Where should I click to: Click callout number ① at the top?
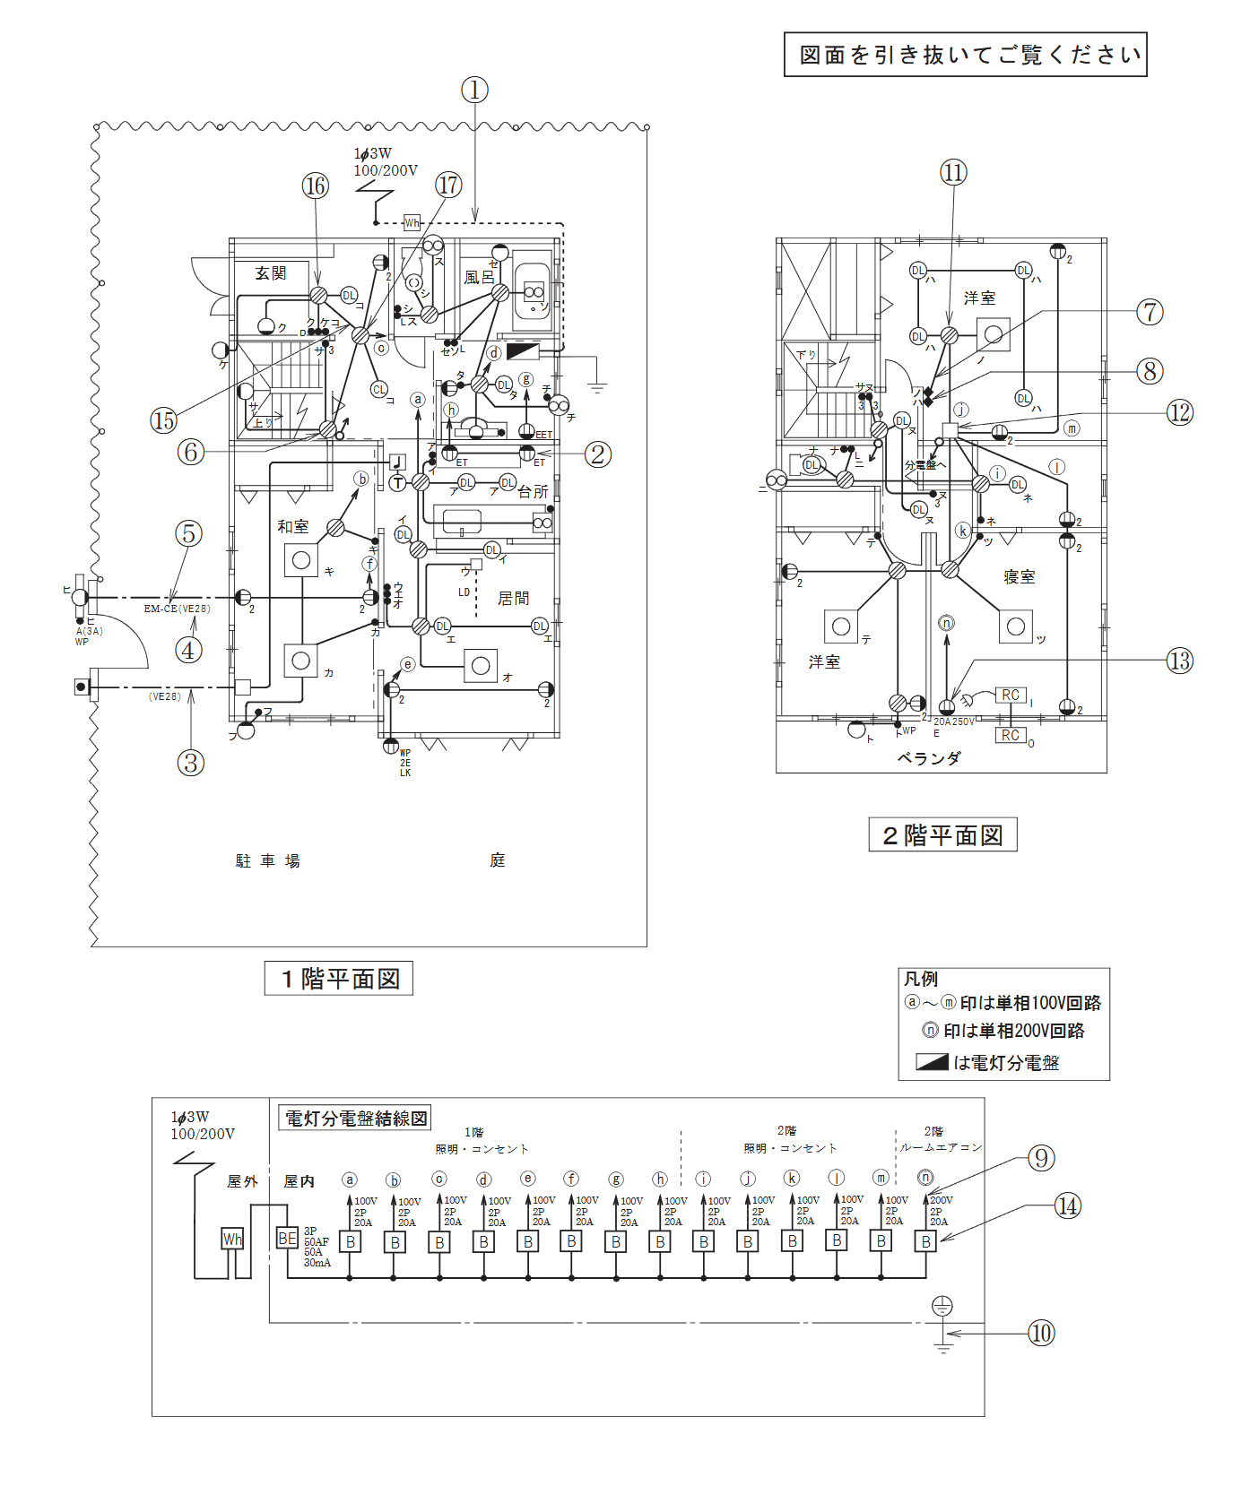474,90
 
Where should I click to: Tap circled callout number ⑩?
1041,1333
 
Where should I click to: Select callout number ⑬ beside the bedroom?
1179,661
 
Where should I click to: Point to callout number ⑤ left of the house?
188,533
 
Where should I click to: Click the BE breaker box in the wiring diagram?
287,1239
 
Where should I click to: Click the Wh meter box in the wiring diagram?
232,1240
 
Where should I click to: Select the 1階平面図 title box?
339,978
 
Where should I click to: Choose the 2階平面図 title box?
942,835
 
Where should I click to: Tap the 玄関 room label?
270,273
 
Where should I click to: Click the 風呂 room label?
479,278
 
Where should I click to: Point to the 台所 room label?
533,492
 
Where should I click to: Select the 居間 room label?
513,598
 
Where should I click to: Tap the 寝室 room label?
1020,577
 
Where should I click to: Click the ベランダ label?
928,758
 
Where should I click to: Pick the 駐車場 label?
267,860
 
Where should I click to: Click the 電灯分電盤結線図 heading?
356,1118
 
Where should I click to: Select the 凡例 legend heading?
920,979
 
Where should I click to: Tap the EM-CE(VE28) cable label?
177,609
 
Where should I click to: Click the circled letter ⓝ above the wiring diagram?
925,1177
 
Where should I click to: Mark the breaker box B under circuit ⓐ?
351,1242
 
